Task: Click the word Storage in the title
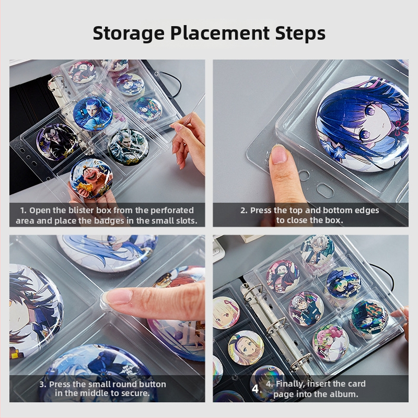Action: pyautogui.click(x=129, y=33)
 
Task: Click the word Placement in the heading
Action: pyautogui.click(x=219, y=33)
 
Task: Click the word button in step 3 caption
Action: pyautogui.click(x=150, y=384)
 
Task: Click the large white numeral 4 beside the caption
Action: pyautogui.click(x=255, y=389)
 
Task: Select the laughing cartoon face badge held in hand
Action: pyautogui.click(x=91, y=178)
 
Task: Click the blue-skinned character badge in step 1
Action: pyautogui.click(x=93, y=114)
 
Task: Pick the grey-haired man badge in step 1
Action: pyautogui.click(x=128, y=147)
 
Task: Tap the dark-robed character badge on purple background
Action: pyautogui.click(x=57, y=142)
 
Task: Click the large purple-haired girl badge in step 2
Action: pyautogui.click(x=362, y=124)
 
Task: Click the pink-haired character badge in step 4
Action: pyautogui.click(x=331, y=343)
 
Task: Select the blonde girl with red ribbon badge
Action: pyautogui.click(x=226, y=313)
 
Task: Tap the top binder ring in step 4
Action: pyautogui.click(x=252, y=292)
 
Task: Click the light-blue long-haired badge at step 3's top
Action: pyautogui.click(x=107, y=253)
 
